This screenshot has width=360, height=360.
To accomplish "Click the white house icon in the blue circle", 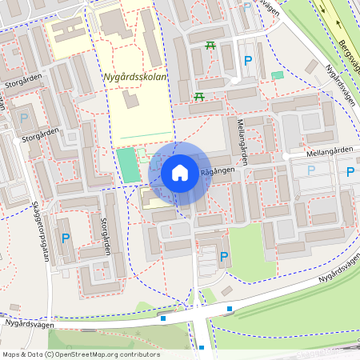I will click(x=180, y=172).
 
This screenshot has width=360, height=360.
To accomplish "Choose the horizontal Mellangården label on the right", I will click(x=328, y=151).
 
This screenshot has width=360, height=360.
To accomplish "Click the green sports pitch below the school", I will click(x=126, y=164).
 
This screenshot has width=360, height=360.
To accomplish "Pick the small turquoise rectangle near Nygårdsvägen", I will click(x=278, y=75).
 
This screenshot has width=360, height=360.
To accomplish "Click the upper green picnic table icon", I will click(x=210, y=46).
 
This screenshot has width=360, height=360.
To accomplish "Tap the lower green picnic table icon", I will click(x=198, y=97).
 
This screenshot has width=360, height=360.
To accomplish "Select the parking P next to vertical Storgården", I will click(x=66, y=238).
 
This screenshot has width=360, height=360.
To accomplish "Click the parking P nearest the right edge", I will click(x=350, y=171).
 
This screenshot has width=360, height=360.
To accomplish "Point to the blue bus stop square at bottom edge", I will click(x=202, y=347).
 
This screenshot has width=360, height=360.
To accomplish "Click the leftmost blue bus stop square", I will click(x=163, y=318).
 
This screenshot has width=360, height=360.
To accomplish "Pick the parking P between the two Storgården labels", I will click(x=23, y=118).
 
